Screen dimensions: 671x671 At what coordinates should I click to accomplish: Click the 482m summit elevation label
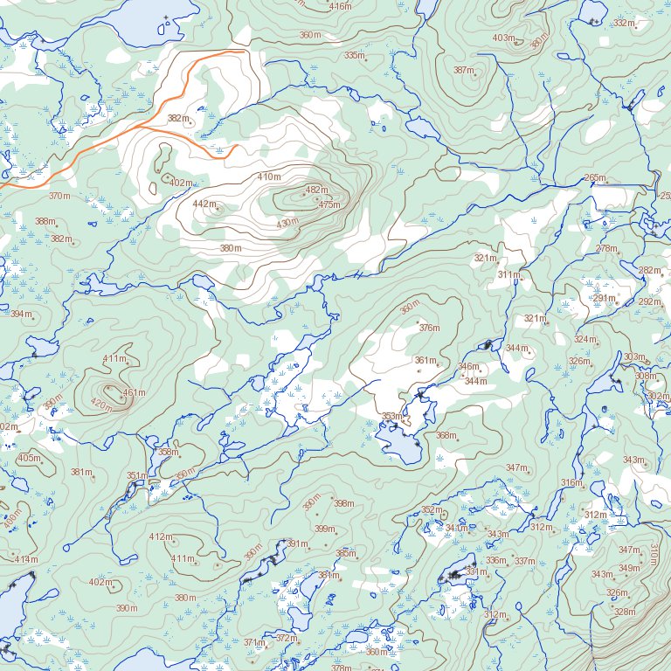click(316, 190)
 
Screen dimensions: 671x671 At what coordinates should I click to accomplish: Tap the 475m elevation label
click(329, 205)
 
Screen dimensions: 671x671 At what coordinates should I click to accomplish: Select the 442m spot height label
click(203, 204)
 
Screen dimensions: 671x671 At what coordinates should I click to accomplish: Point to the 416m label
click(340, 7)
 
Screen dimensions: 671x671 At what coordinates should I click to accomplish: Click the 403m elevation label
click(503, 38)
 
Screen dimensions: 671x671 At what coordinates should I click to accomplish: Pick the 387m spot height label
click(463, 71)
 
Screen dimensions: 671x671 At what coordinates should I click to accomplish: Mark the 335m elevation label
click(354, 56)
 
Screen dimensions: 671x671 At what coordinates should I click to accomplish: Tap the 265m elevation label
click(595, 178)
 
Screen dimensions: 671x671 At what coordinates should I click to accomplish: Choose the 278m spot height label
click(606, 249)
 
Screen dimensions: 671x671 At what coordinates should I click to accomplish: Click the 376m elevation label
click(429, 328)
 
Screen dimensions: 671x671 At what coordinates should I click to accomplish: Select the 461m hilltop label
click(134, 393)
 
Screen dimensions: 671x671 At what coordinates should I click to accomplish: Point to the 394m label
click(20, 314)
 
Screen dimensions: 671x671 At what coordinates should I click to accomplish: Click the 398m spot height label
click(344, 503)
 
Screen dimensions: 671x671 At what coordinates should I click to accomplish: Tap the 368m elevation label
click(446, 435)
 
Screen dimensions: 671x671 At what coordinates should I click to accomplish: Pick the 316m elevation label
click(571, 483)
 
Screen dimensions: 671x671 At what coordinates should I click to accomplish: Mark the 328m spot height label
click(625, 612)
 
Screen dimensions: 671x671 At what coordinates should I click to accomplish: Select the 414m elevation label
click(26, 559)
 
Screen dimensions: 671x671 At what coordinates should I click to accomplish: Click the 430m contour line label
click(287, 224)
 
